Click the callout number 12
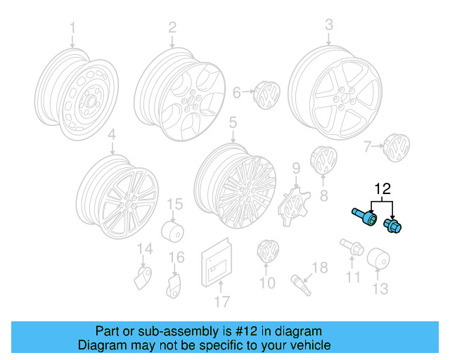tap(382, 188)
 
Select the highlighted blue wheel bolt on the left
tap(363, 214)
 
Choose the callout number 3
tap(328, 26)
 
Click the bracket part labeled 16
tap(174, 284)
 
